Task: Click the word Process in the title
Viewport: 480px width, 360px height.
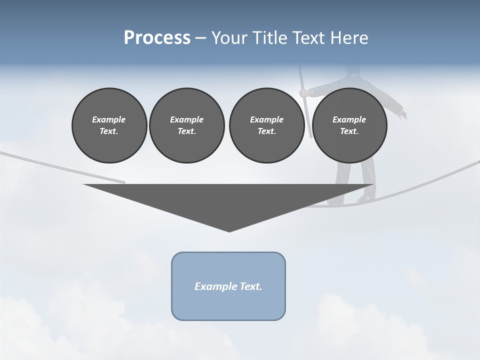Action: point(157,37)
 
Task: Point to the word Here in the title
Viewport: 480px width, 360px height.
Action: point(349,38)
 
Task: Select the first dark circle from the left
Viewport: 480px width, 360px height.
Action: point(109,125)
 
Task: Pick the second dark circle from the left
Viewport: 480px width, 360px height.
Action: point(186,125)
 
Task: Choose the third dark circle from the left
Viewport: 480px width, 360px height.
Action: point(266,125)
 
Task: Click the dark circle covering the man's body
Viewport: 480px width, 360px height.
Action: point(349,125)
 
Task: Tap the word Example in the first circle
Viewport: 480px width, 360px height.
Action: point(109,119)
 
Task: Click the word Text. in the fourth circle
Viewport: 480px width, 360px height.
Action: point(349,131)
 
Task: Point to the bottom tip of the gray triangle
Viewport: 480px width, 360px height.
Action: point(229,231)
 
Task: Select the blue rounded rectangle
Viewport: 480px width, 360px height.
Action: point(228,286)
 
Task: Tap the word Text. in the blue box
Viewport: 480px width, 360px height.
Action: point(251,286)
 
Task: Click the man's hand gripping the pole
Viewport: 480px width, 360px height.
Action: point(303,92)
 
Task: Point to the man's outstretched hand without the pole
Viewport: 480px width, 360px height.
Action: point(402,115)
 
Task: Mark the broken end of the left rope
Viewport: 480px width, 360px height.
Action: point(123,182)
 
